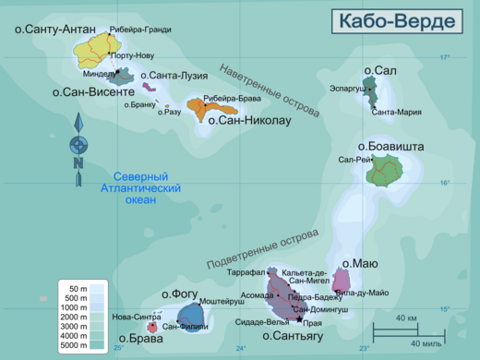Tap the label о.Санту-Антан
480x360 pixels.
54,30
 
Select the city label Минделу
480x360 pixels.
99,74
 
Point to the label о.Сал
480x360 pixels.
380,70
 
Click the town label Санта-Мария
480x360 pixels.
396,112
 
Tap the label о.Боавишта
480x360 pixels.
390,146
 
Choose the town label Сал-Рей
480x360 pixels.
354,160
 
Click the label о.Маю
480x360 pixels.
360,264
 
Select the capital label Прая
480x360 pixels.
312,324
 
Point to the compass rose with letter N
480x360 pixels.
78,145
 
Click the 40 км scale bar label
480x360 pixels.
405,318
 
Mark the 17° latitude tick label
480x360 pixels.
444,57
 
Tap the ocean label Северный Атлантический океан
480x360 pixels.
140,188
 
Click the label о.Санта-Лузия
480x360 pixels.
174,76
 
